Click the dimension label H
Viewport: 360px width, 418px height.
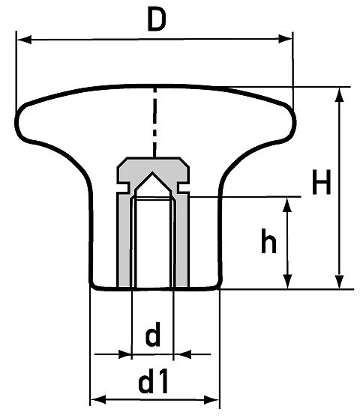pos(321,182)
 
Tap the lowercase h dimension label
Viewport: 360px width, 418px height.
pos(268,240)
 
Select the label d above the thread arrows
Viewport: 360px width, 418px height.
pos(153,334)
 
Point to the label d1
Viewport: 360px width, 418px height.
pos(153,381)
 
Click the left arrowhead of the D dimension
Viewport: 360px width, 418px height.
pos(24,40)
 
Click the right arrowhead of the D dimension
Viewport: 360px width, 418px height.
pos(285,39)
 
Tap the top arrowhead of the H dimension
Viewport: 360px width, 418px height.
pos(340,94)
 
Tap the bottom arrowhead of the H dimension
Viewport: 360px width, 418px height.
pos(340,282)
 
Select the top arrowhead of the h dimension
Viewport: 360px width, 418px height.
pos(287,205)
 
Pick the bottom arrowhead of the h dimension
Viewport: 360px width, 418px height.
pos(287,282)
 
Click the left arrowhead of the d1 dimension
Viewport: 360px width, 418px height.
pos(98,400)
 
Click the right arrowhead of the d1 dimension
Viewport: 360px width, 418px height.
pos(211,400)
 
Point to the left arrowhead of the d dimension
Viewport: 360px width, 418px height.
pos(125,354)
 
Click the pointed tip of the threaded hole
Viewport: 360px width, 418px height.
pos(152,173)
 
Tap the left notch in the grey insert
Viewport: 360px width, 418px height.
pos(123,187)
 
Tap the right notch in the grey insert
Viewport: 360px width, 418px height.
pos(183,187)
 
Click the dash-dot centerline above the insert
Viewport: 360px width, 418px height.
pos(154,122)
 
